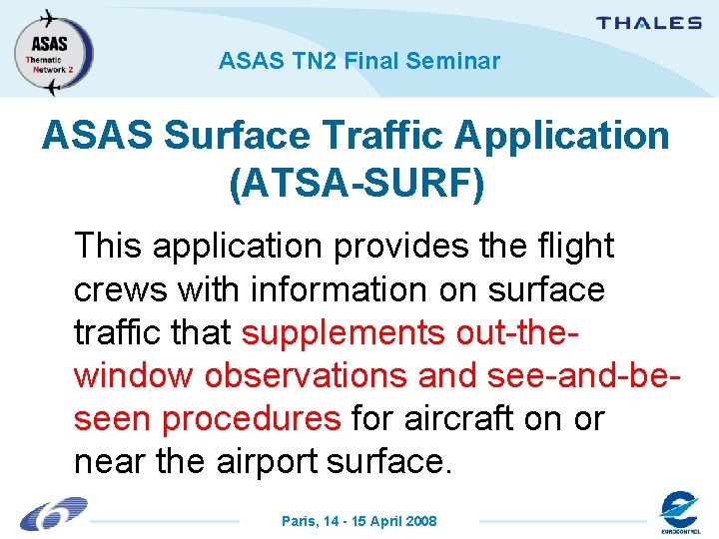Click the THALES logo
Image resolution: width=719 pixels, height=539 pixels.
tap(649, 23)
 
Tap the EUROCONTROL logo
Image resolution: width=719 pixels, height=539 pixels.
tap(679, 513)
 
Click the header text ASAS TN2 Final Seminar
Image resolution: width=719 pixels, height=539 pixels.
tap(359, 62)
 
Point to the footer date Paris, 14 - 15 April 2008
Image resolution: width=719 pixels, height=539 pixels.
tap(359, 521)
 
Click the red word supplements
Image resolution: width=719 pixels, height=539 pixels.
tap(346, 332)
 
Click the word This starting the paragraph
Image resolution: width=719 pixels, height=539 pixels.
tap(108, 246)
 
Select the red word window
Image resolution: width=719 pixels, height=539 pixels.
tap(134, 375)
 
